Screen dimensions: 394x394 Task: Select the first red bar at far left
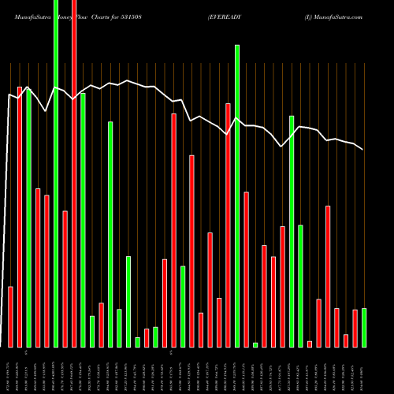click(x=11, y=317)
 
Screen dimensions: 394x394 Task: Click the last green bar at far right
click(x=364, y=327)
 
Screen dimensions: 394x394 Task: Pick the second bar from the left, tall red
click(x=20, y=217)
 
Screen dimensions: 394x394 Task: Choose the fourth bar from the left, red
click(x=38, y=268)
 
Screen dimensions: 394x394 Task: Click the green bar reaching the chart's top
click(x=56, y=173)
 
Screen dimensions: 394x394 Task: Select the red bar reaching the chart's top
click(x=74, y=173)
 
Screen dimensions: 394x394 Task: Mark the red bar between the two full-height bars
click(x=65, y=279)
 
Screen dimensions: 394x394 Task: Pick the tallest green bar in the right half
click(x=237, y=196)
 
